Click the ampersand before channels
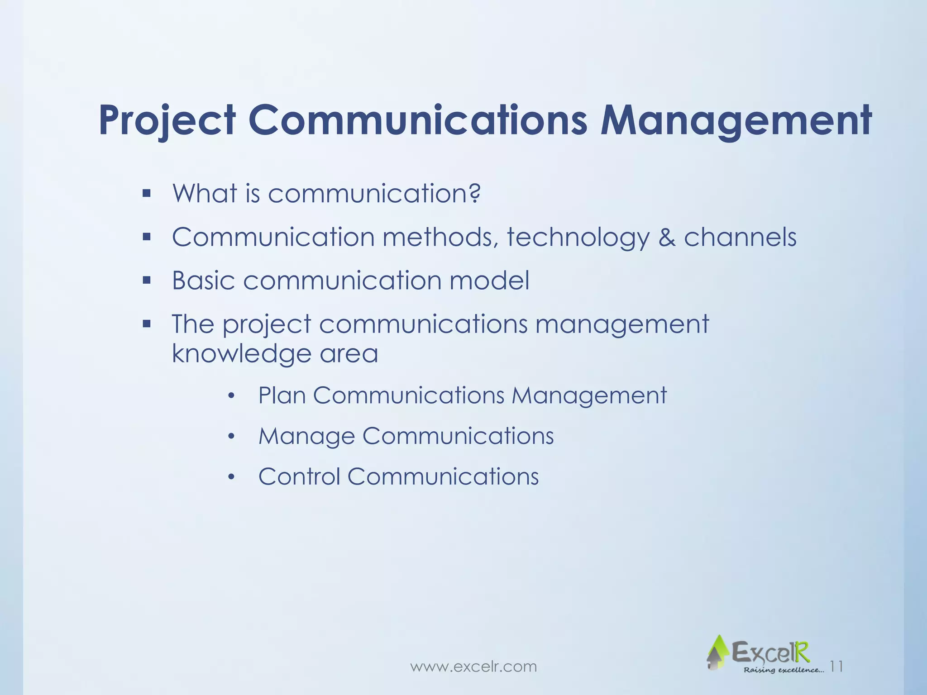coord(667,237)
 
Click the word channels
coord(740,237)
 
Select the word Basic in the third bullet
coord(203,281)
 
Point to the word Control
coord(299,476)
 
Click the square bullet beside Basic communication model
coord(146,281)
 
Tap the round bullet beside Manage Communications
coord(231,437)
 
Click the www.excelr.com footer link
coord(473,666)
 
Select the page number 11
coord(837,666)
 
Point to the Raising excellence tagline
coord(784,670)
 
